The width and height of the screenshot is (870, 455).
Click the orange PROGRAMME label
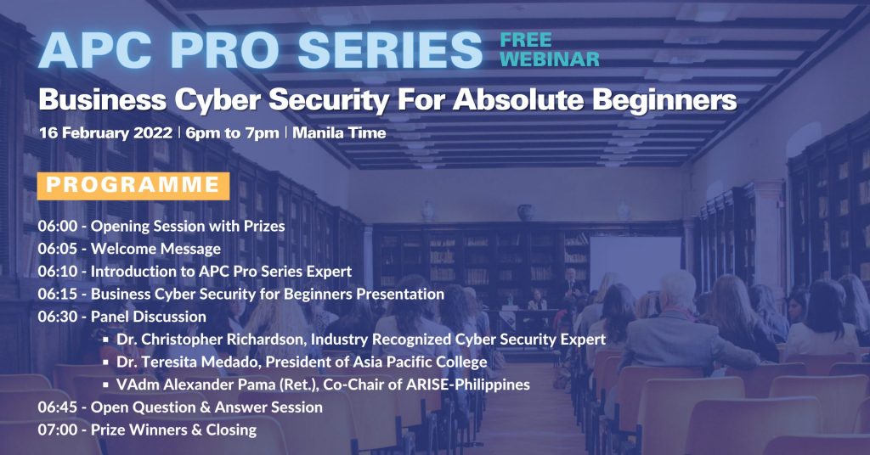(133, 186)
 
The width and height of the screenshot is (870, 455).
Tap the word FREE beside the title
(525, 40)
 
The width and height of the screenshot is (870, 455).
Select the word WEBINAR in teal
(550, 59)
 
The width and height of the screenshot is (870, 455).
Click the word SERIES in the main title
(390, 49)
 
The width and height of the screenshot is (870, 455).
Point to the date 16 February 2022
(106, 133)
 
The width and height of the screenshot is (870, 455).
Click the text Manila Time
(339, 133)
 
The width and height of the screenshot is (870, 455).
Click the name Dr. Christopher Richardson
(211, 340)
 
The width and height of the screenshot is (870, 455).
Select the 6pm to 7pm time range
(233, 133)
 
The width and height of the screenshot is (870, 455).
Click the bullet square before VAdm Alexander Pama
(106, 385)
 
